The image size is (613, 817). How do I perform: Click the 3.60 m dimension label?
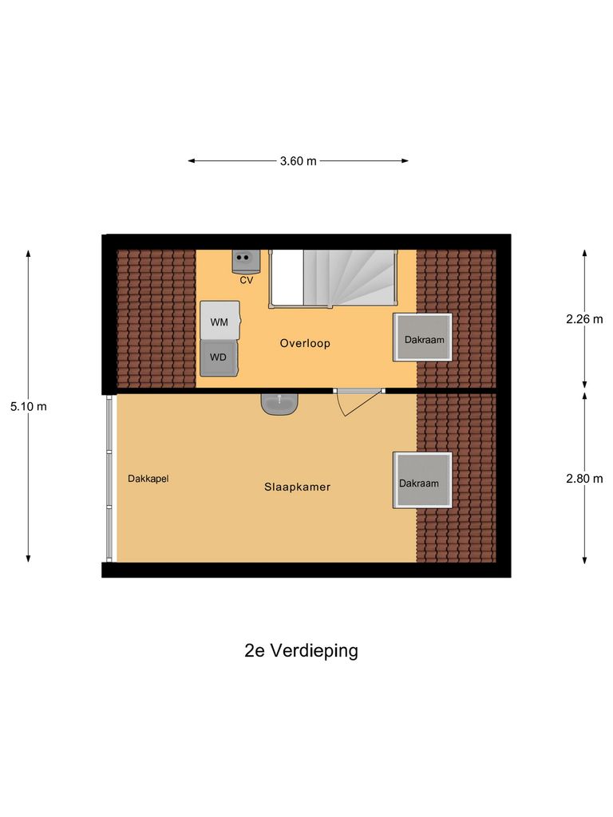[x=298, y=161]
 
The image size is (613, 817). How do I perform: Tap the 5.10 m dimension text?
[x=28, y=406]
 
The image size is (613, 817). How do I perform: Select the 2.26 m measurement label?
[x=584, y=319]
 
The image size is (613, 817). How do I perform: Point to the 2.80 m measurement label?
[x=584, y=479]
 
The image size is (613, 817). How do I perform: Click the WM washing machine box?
[x=219, y=322]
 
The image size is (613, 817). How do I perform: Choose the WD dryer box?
[x=219, y=357]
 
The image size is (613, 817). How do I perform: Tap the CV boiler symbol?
[x=246, y=260]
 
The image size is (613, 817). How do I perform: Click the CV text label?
[x=246, y=280]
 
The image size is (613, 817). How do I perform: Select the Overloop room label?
[x=305, y=344]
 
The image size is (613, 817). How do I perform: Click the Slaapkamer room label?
[x=298, y=486]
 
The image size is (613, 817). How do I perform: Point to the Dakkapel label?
[x=148, y=479]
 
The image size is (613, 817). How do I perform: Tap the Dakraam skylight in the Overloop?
[x=422, y=337]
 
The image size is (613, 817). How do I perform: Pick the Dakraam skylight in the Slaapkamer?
[x=421, y=480]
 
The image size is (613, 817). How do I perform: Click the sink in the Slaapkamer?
[x=279, y=404]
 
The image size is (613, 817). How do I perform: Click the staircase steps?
[x=351, y=276]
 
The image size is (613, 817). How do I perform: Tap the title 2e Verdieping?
[x=301, y=650]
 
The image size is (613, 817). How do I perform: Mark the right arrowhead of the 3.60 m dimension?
[x=405, y=161]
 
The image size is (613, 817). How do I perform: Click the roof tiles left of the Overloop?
[x=156, y=318]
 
